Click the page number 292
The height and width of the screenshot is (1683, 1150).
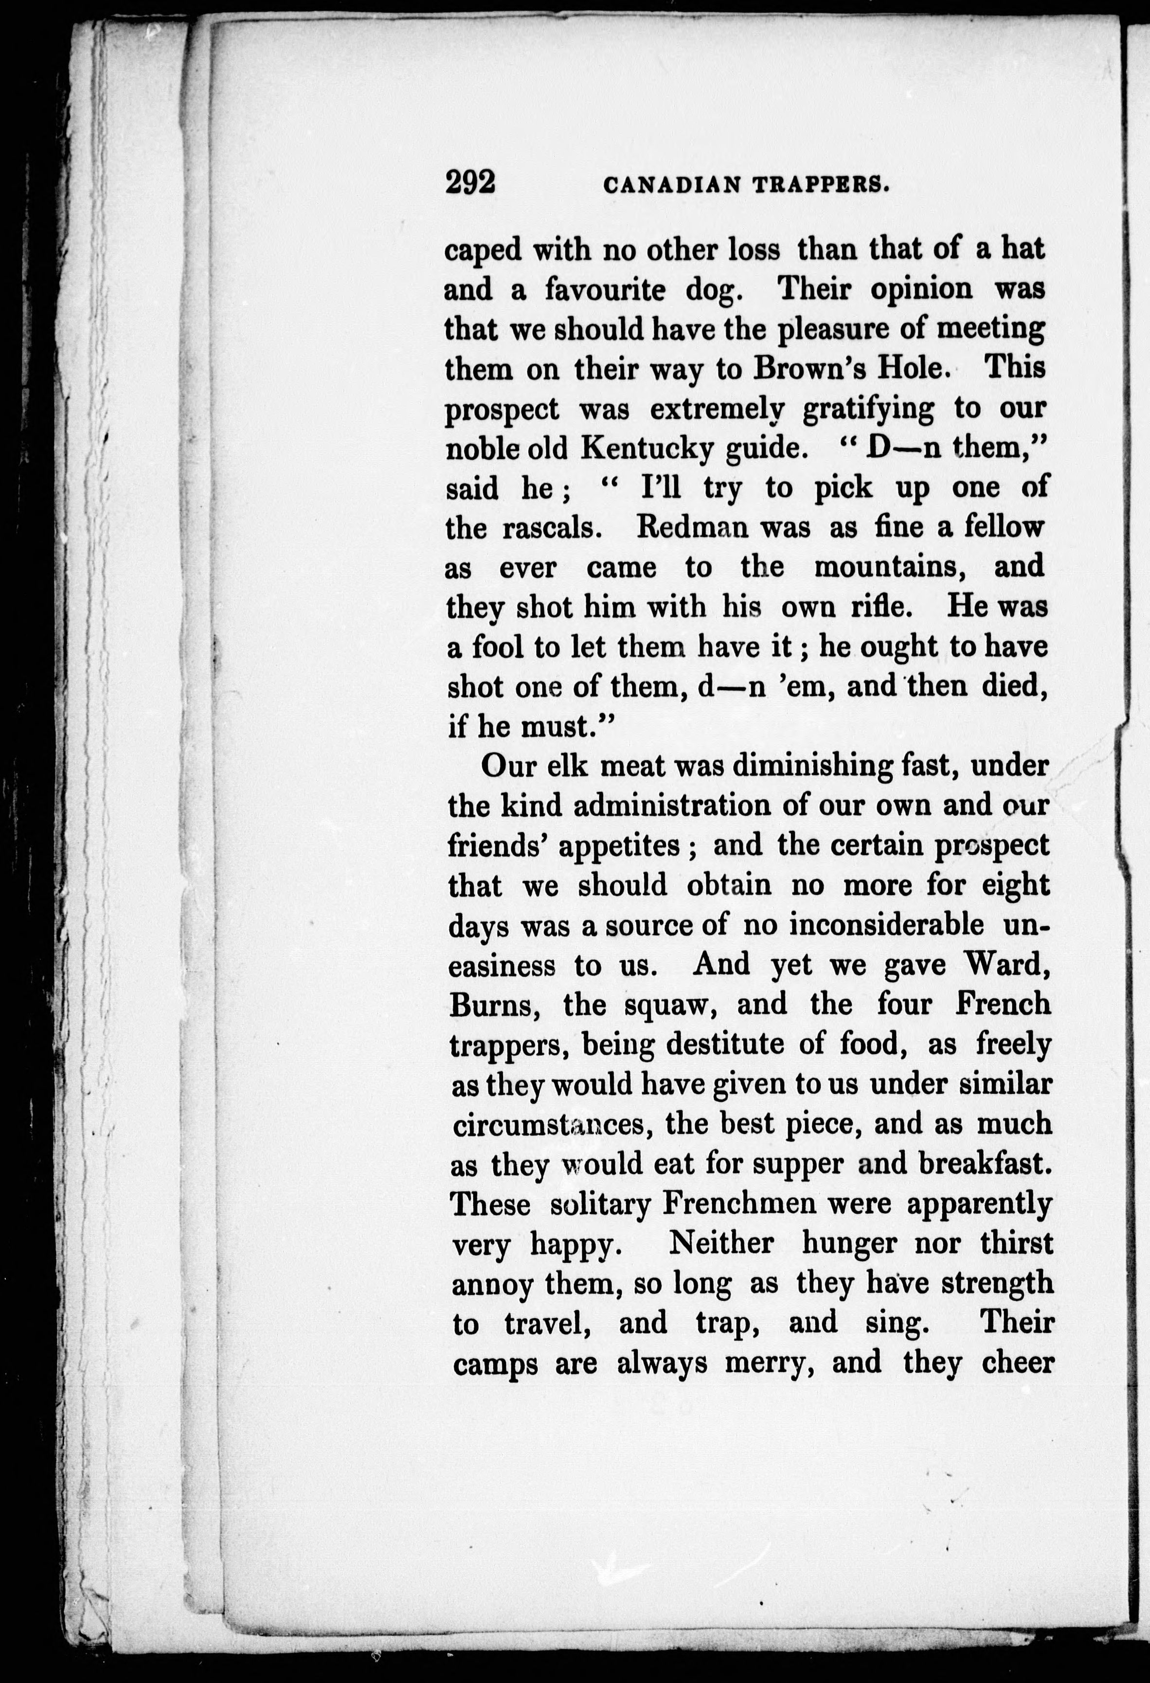point(471,182)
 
